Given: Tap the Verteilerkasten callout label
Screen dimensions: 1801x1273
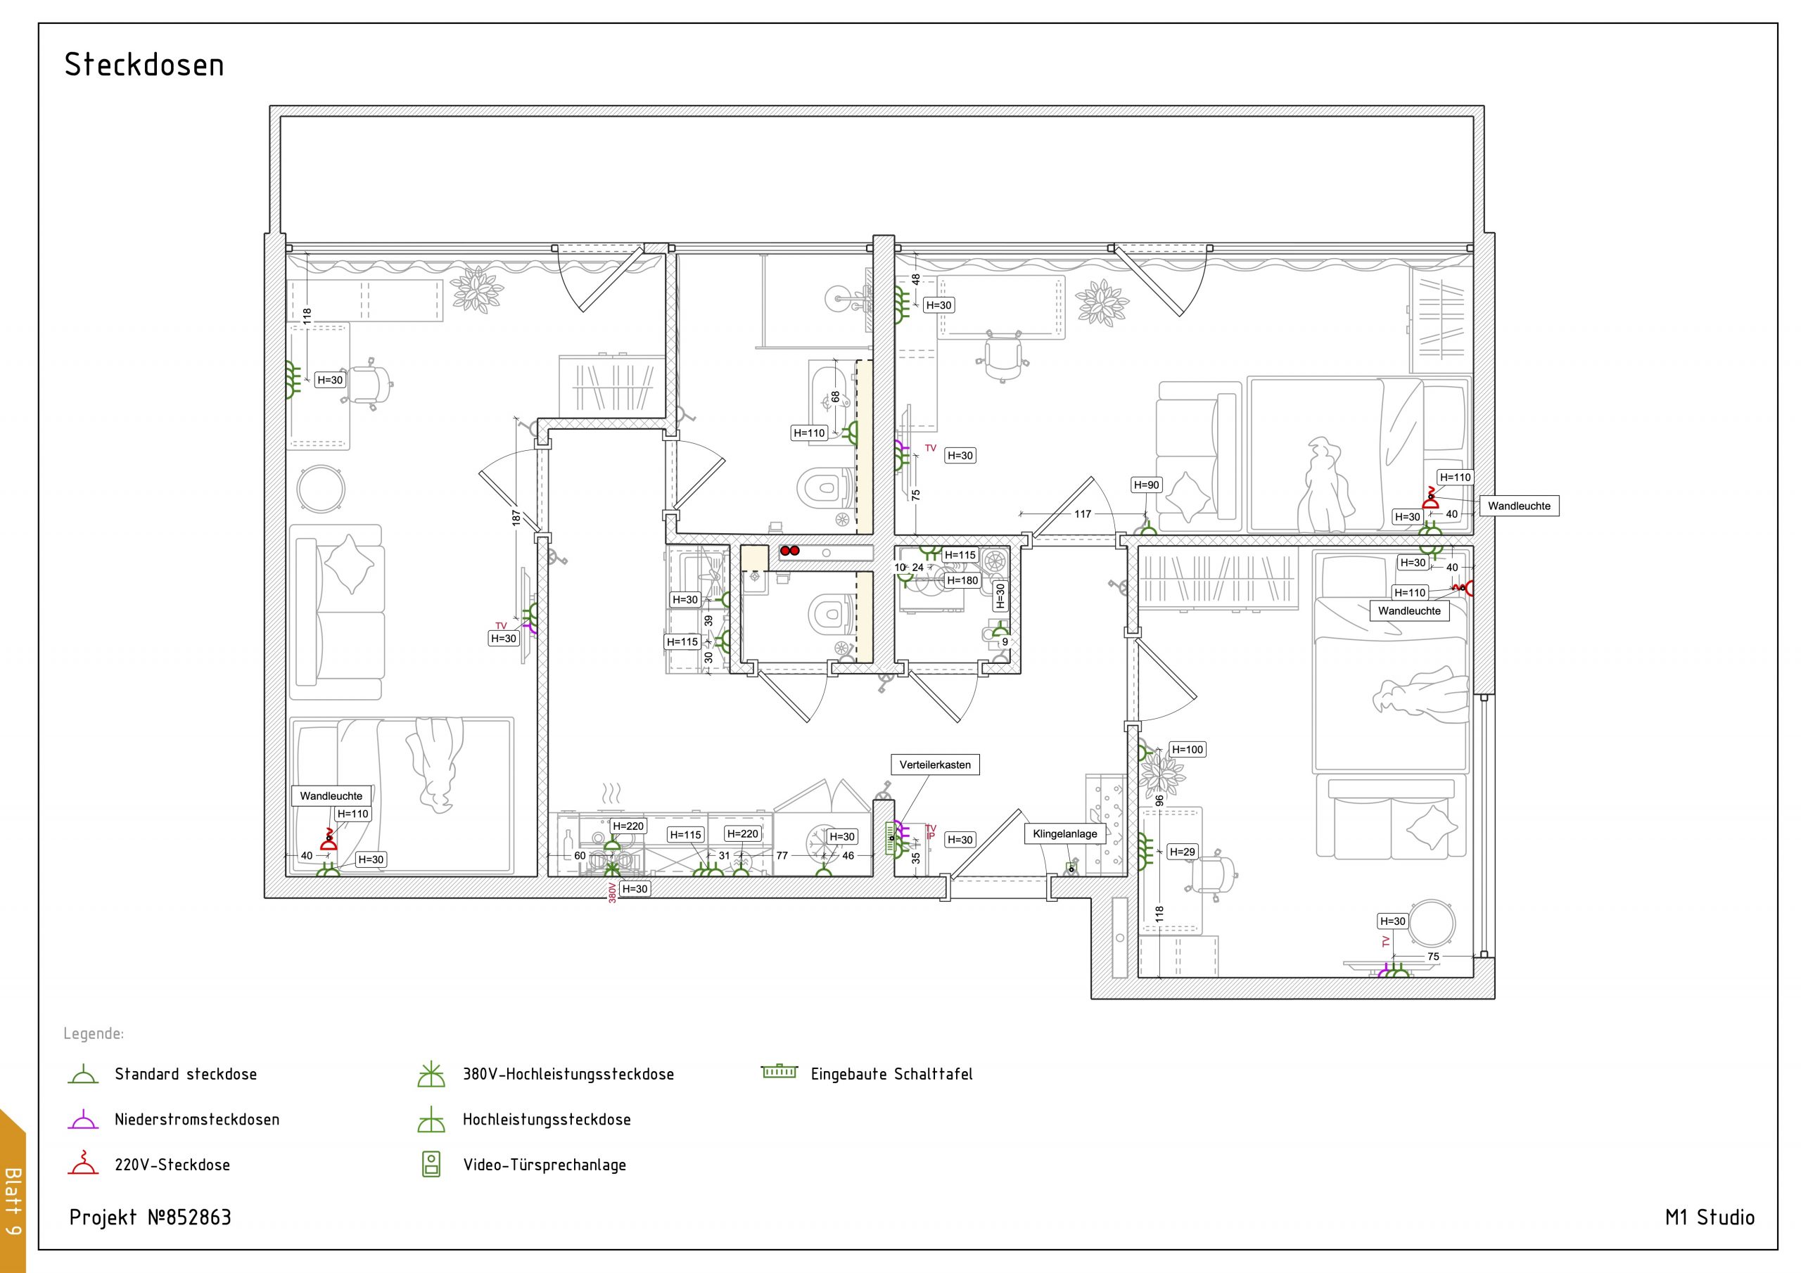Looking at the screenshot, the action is pos(935,765).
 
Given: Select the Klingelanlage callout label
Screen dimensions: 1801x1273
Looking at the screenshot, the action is pos(1064,833).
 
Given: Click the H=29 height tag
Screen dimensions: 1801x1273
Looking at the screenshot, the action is pos(1182,852).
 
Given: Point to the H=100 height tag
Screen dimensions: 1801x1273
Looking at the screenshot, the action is pos(1187,750).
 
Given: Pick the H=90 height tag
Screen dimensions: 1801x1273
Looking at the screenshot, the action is pos(1146,485).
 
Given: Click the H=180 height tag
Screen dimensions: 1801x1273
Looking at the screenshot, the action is pos(962,581).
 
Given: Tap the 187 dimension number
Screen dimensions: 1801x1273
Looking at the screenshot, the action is pos(516,518).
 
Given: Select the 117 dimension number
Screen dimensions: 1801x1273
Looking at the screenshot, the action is pos(1083,513).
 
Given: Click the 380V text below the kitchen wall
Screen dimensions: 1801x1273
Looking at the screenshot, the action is pos(613,893).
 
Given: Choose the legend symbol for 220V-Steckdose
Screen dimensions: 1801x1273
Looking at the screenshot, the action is pos(83,1163).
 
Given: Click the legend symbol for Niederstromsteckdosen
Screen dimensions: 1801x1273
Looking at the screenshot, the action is pos(83,1119).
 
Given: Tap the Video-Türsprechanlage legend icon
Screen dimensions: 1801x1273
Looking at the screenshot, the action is pos(431,1164).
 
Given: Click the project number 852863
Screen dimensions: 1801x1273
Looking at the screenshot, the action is pos(198,1217).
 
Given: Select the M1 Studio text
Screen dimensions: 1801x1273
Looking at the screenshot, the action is pos(1710,1217).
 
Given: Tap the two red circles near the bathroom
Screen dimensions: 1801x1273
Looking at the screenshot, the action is pos(789,551).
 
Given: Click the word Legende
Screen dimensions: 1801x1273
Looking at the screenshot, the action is pos(94,1034).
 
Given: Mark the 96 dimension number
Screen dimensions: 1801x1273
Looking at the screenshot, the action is pos(1159,801).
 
